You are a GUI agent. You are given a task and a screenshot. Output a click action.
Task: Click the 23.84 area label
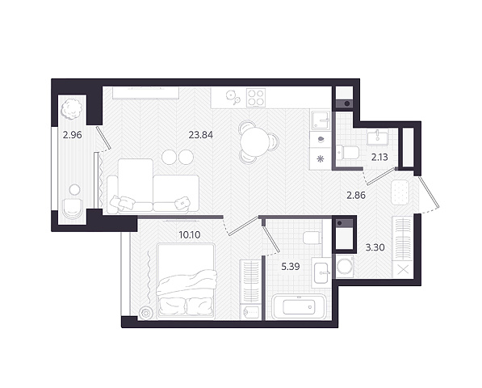(201, 135)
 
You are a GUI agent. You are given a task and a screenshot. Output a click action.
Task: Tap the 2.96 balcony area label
(72, 135)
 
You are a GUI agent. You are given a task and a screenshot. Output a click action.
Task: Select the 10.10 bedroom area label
(190, 235)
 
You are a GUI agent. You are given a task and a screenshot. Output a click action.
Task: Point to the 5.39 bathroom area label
(291, 267)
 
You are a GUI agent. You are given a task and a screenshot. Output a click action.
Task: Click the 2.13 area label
(379, 158)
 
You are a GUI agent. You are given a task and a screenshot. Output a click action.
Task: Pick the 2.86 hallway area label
(356, 195)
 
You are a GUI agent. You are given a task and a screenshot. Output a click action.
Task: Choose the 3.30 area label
(375, 247)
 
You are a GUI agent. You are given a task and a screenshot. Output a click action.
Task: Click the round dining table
(255, 141)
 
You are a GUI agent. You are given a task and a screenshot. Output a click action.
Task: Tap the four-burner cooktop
(256, 97)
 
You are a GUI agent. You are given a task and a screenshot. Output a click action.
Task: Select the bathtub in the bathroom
(299, 307)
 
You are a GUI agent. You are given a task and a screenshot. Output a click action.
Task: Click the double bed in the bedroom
(186, 281)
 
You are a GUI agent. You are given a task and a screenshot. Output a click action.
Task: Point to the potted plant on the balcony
(72, 109)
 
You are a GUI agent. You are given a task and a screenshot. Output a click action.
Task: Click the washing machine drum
(345, 266)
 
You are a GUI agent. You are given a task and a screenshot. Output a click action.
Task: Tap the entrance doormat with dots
(400, 192)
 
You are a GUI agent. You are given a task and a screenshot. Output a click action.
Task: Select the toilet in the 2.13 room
(348, 152)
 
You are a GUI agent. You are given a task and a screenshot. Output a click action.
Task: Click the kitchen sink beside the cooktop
(321, 120)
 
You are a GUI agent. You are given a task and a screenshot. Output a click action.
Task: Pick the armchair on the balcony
(73, 209)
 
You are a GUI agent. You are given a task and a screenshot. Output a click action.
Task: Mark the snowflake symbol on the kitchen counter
(321, 158)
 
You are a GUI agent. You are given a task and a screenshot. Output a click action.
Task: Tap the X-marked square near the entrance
(404, 270)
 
